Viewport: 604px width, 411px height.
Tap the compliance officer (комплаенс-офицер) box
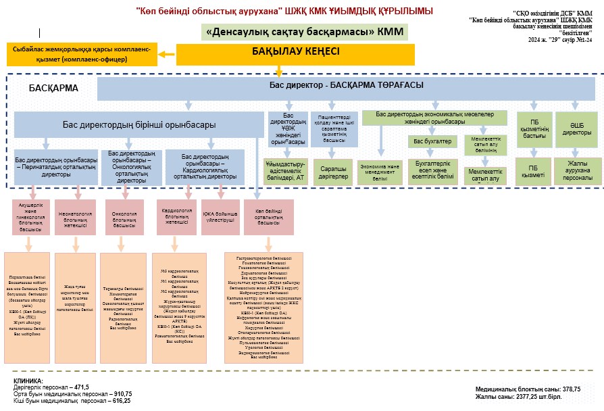point(82,55)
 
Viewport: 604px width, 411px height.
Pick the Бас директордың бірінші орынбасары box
point(139,125)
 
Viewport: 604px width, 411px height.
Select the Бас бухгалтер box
point(432,141)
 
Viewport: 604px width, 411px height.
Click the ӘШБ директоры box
point(577,128)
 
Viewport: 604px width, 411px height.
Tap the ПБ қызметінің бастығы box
point(532,128)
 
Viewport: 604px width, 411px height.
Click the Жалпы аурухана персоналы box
point(577,170)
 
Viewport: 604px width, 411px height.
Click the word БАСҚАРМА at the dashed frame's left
point(54,88)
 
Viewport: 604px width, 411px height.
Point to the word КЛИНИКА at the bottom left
point(27,381)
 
